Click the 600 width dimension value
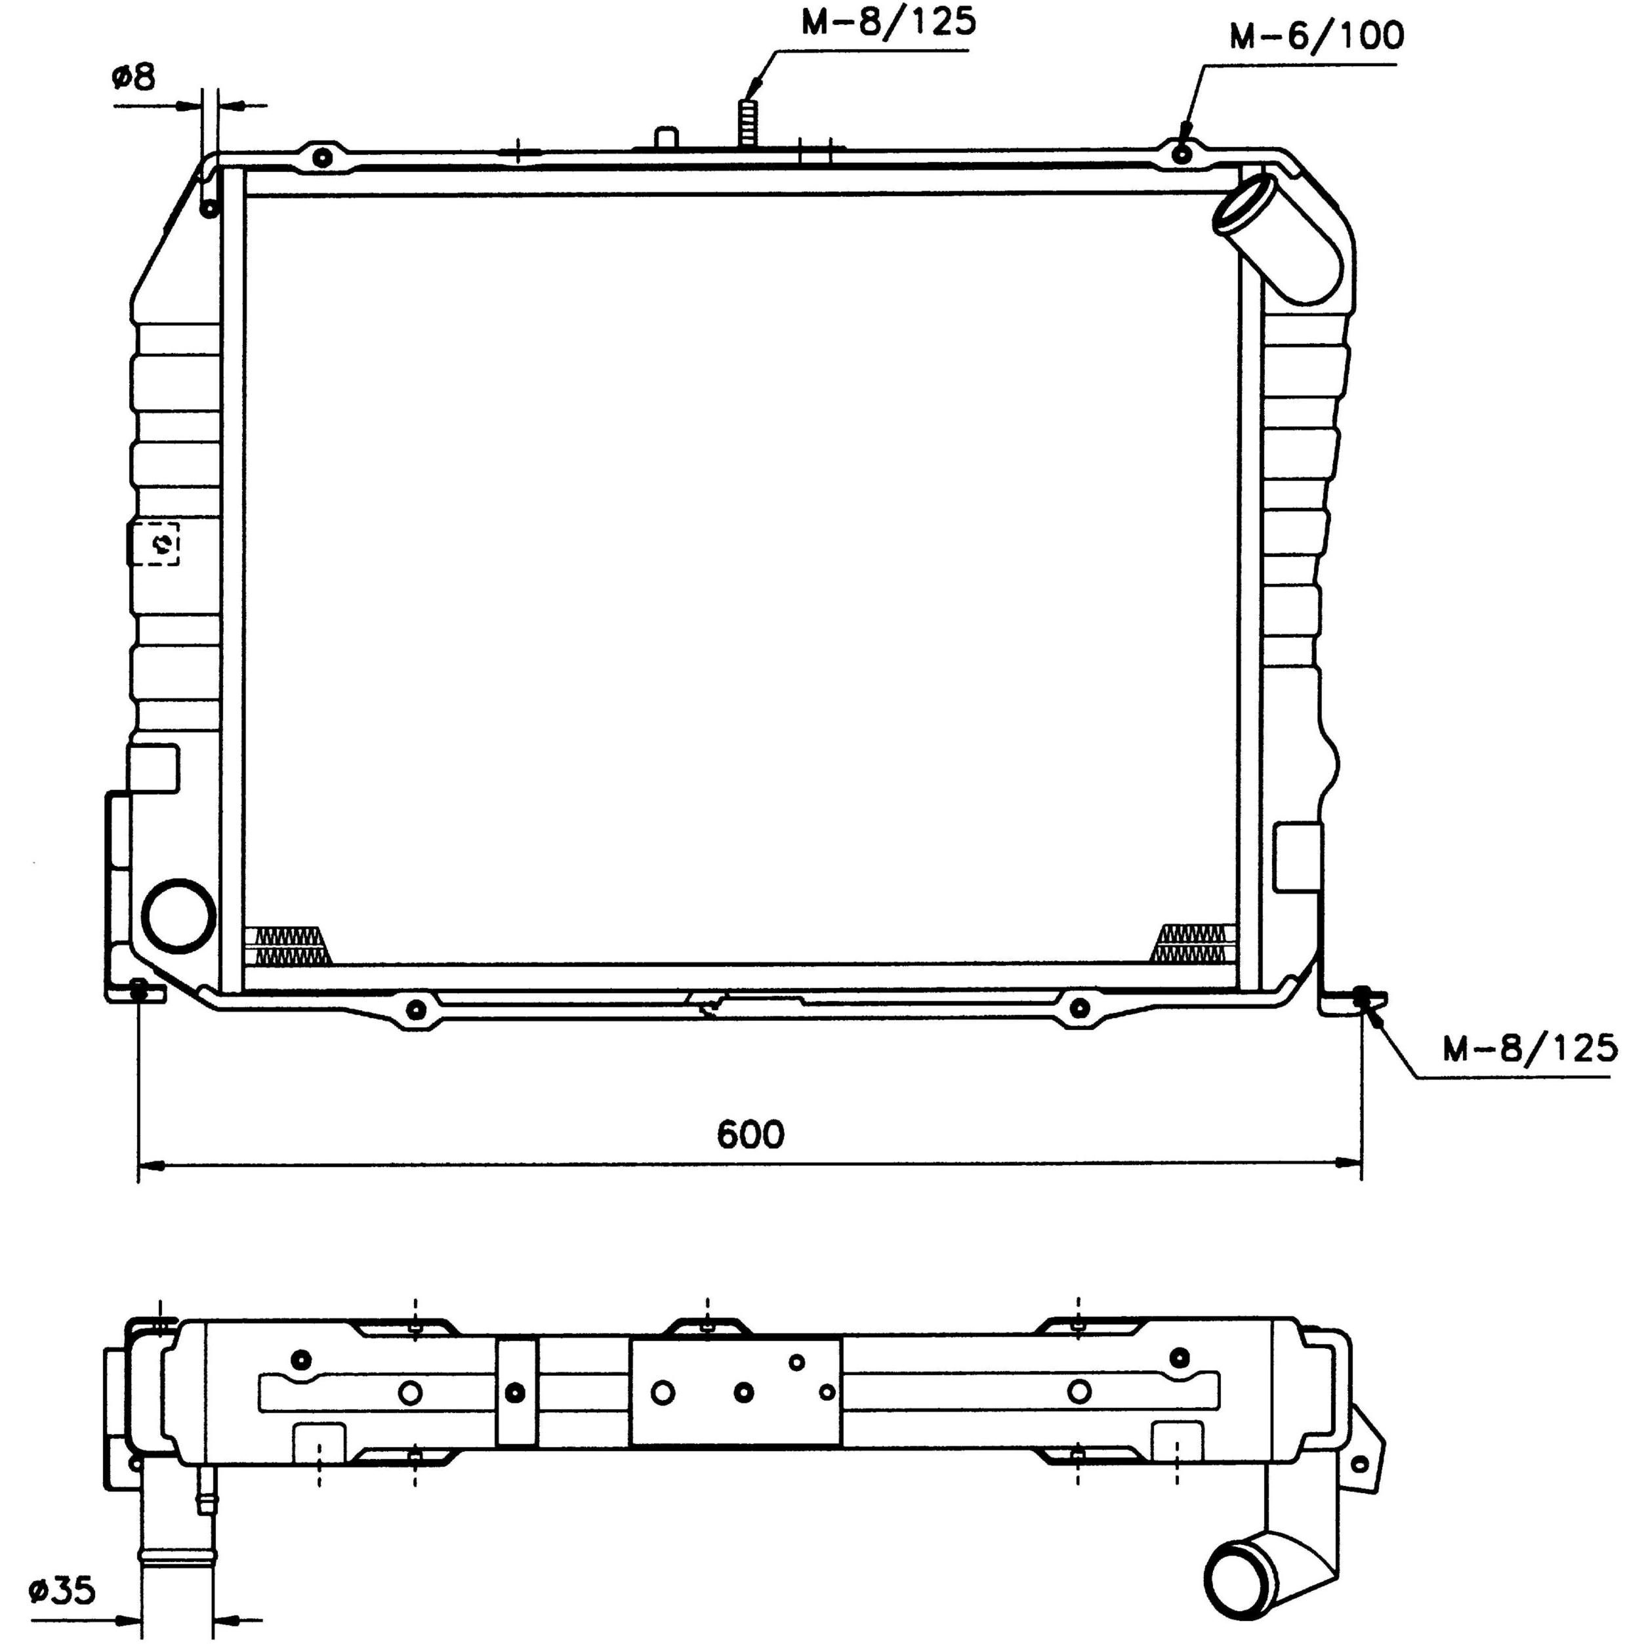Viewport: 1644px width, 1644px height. coord(750,1134)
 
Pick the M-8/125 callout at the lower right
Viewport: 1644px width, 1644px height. coord(1530,1048)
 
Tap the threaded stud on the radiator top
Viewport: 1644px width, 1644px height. coord(748,124)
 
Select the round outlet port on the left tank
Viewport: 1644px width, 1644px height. coord(178,916)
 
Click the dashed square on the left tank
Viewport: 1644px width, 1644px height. coord(155,543)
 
